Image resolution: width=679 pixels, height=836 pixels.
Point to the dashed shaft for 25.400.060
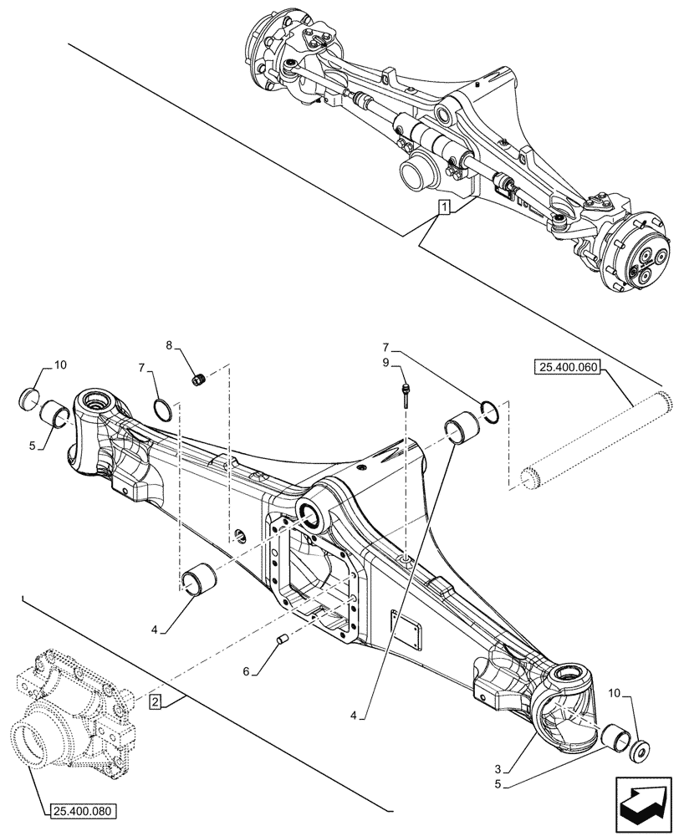594,439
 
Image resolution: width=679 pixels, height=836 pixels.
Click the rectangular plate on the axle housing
410,628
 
